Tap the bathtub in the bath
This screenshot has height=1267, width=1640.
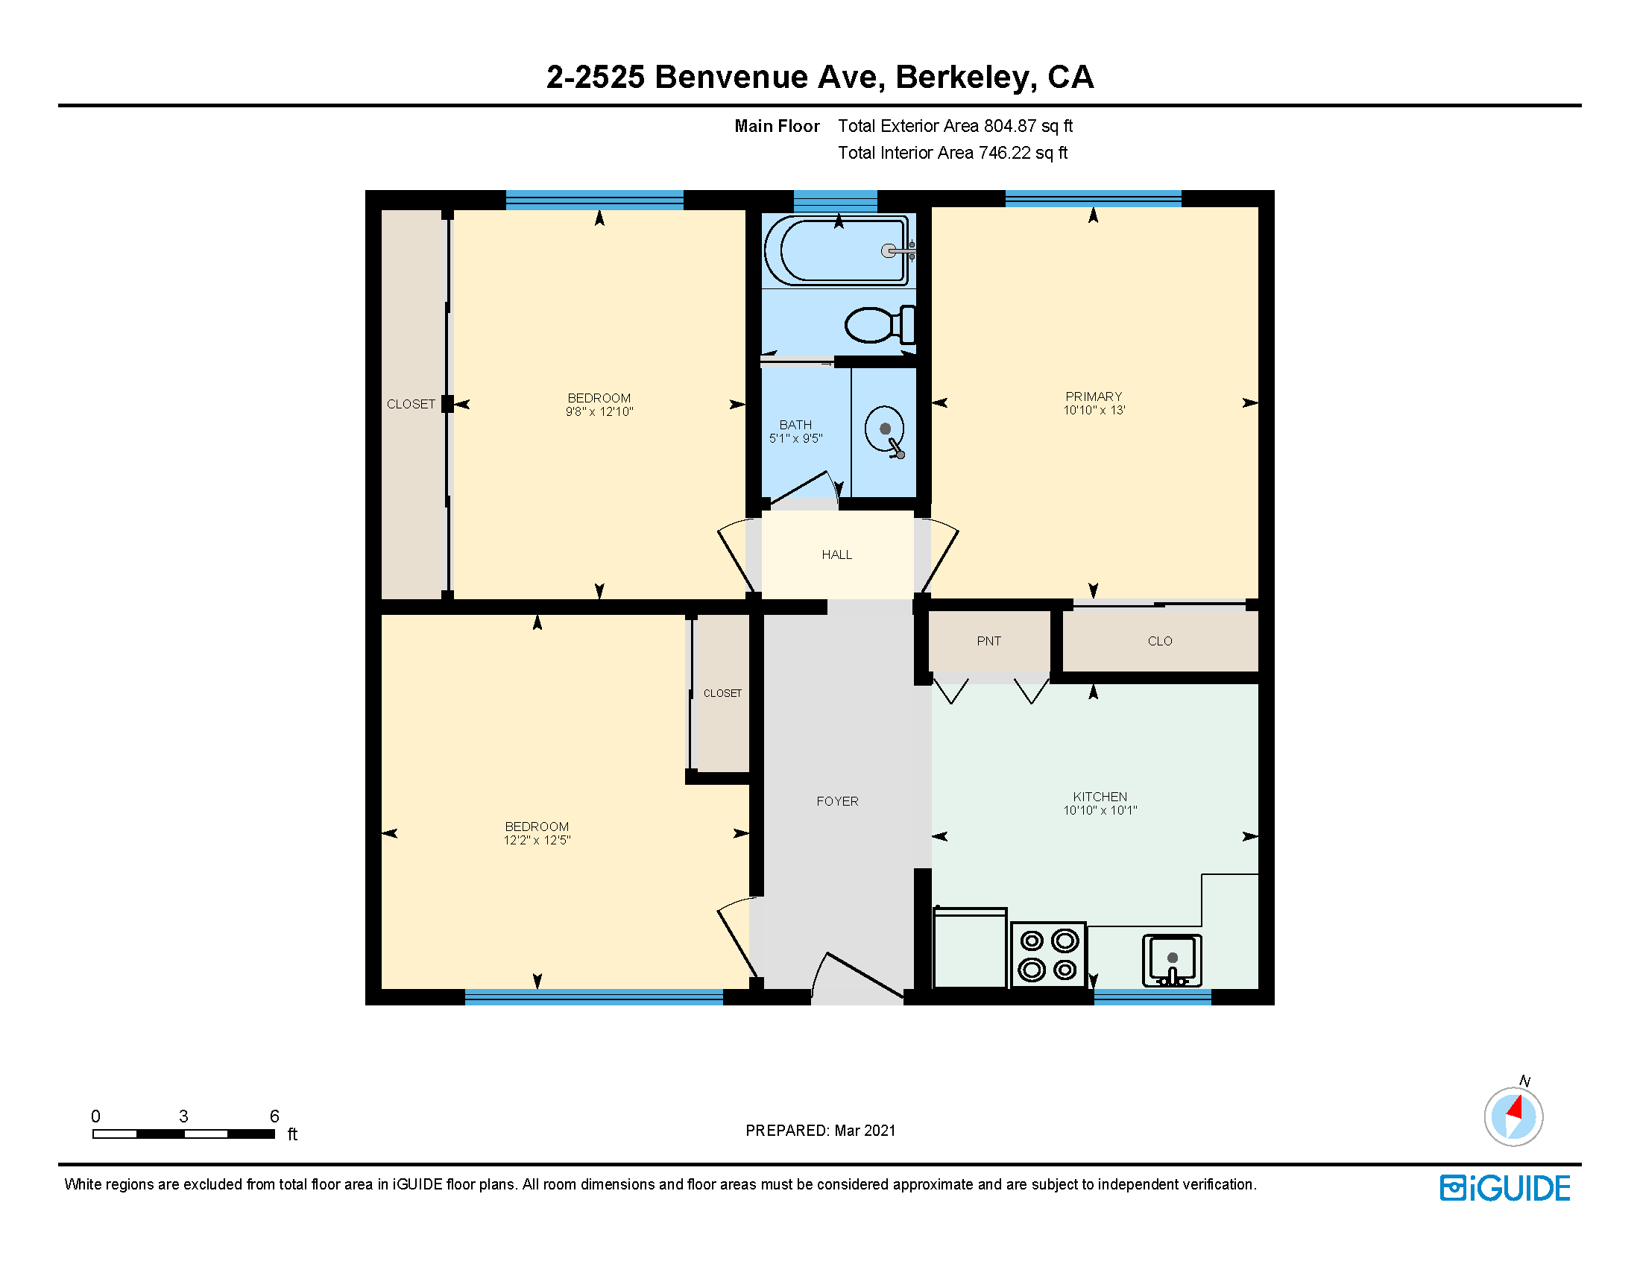(838, 250)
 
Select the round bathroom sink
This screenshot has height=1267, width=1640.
(884, 429)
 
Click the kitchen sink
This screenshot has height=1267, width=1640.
(1171, 960)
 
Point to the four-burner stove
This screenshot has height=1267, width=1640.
(1047, 955)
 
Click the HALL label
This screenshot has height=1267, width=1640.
(836, 554)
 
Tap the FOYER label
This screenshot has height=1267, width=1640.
(837, 802)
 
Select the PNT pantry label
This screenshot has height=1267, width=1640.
(988, 641)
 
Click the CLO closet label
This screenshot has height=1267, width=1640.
(1159, 641)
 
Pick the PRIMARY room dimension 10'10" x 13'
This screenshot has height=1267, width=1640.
(1094, 411)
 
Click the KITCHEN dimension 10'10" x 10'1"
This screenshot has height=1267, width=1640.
(1100, 811)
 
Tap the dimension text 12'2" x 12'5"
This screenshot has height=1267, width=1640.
(537, 841)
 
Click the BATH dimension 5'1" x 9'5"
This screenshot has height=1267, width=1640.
(795, 438)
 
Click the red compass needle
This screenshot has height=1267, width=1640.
(1516, 1108)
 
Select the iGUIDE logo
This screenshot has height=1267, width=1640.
(1505, 1188)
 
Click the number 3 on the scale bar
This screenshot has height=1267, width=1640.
(183, 1116)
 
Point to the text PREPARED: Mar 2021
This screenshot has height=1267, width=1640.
(820, 1131)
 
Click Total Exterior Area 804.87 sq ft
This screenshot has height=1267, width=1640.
(955, 126)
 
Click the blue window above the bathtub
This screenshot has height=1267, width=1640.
(835, 200)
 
